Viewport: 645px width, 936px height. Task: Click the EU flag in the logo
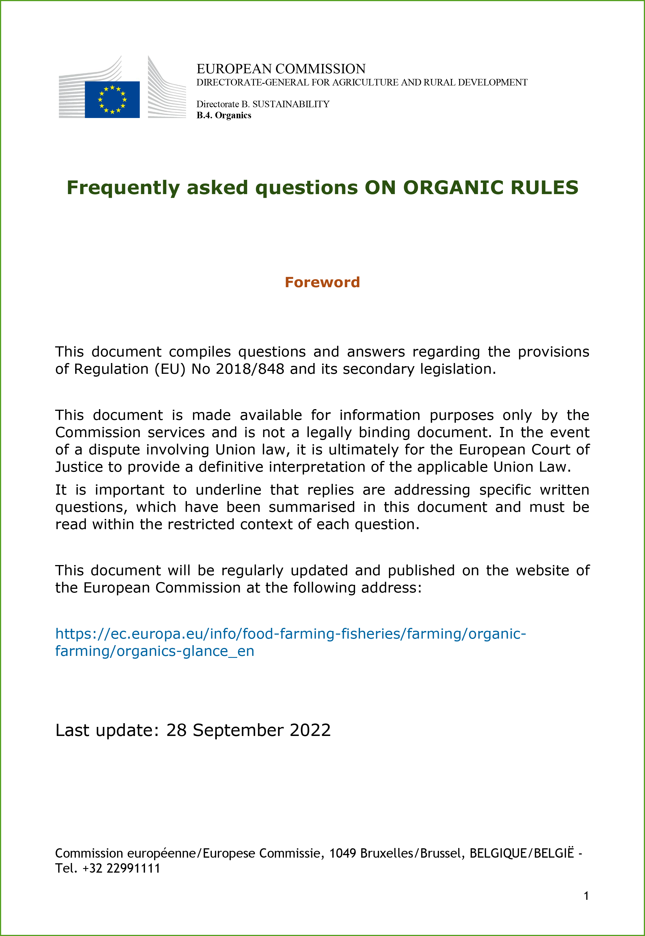112,100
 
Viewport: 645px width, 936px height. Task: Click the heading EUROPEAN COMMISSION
281,69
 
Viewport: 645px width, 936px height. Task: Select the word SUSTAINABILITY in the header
291,104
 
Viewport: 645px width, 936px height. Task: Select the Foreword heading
322,282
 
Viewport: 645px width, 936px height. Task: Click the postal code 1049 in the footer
342,853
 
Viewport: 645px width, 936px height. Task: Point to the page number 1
586,896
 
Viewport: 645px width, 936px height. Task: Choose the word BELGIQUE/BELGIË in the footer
521,853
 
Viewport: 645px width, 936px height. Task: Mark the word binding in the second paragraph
384,433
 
